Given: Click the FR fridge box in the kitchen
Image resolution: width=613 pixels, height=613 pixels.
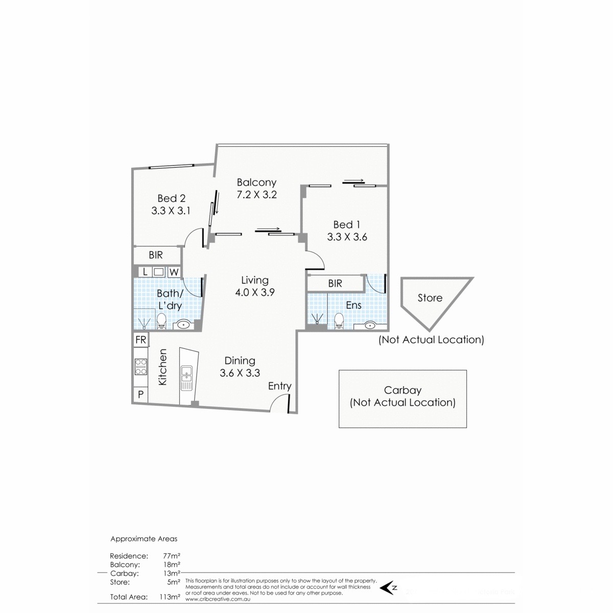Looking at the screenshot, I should [x=140, y=340].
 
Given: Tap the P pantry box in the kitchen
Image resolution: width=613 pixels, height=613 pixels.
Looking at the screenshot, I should [x=140, y=394].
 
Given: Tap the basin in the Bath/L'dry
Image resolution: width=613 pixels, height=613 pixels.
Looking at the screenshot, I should [x=183, y=324].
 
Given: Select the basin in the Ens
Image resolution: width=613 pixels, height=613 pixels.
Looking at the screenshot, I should [x=370, y=324].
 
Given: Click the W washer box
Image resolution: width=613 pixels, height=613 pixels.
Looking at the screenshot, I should [x=174, y=272].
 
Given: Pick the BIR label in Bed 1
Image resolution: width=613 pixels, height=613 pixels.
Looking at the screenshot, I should [x=335, y=284].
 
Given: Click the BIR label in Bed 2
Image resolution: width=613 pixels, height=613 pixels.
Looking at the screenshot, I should [x=156, y=255].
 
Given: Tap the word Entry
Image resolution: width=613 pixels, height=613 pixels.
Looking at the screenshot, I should [x=279, y=386].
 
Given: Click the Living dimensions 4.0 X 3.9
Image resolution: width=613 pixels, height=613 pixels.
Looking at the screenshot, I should [x=255, y=293].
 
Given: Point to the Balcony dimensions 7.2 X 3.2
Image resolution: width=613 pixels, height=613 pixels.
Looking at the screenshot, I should [x=256, y=195].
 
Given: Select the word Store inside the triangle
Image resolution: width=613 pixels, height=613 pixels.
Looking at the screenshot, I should [x=430, y=298].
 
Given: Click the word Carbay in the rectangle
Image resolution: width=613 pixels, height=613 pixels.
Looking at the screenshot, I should [x=403, y=390].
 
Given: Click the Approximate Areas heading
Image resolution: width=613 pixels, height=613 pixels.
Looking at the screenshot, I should [x=144, y=538].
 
